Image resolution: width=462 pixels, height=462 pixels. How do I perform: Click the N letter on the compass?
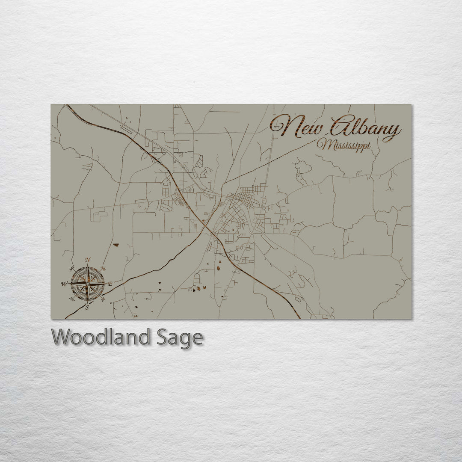pyautogui.click(x=88, y=260)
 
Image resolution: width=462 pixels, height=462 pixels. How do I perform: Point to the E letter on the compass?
pyautogui.click(x=110, y=284)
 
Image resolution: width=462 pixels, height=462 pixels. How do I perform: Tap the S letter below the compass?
pyautogui.click(x=87, y=307)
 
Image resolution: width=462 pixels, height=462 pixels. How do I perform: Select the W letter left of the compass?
pyautogui.click(x=64, y=284)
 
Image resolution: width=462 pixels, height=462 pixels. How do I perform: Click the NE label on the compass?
pyautogui.click(x=103, y=269)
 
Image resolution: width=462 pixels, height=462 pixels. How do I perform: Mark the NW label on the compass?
pyautogui.click(x=72, y=268)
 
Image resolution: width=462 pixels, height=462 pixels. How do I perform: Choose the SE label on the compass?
pyautogui.click(x=103, y=299)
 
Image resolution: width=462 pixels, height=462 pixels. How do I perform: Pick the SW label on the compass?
pyautogui.click(x=71, y=299)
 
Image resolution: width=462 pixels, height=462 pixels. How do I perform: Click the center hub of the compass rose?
pyautogui.click(x=87, y=283)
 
